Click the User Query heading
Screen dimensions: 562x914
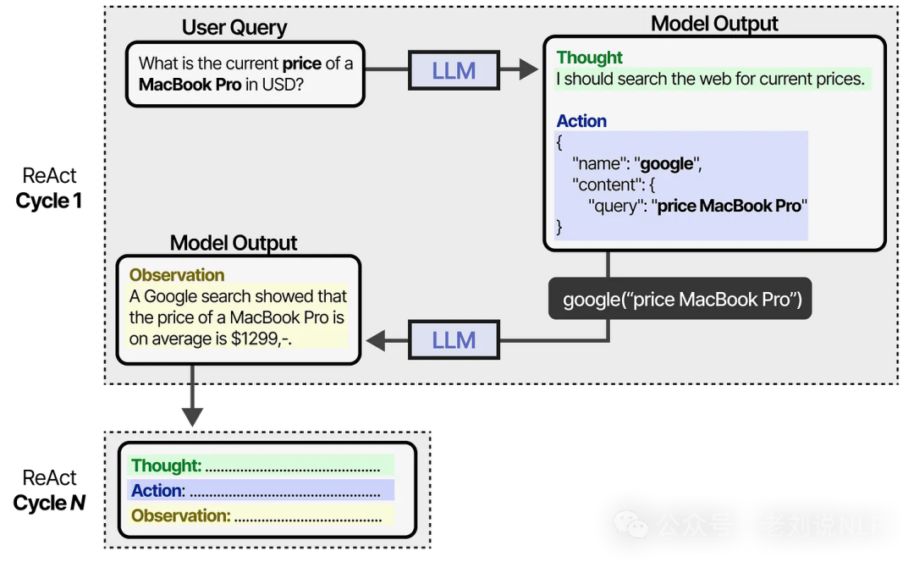(x=234, y=28)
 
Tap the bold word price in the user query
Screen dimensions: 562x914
(x=302, y=63)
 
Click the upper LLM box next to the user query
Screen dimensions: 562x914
(x=454, y=71)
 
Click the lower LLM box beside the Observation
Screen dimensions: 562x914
(x=454, y=340)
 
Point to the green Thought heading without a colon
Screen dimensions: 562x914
(x=589, y=58)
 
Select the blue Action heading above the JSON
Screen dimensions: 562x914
(x=581, y=121)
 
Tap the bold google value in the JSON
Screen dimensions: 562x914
(x=667, y=164)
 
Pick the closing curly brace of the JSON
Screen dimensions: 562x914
(x=559, y=226)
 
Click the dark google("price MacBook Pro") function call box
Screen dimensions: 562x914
(x=681, y=299)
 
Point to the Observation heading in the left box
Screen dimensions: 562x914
(x=177, y=275)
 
